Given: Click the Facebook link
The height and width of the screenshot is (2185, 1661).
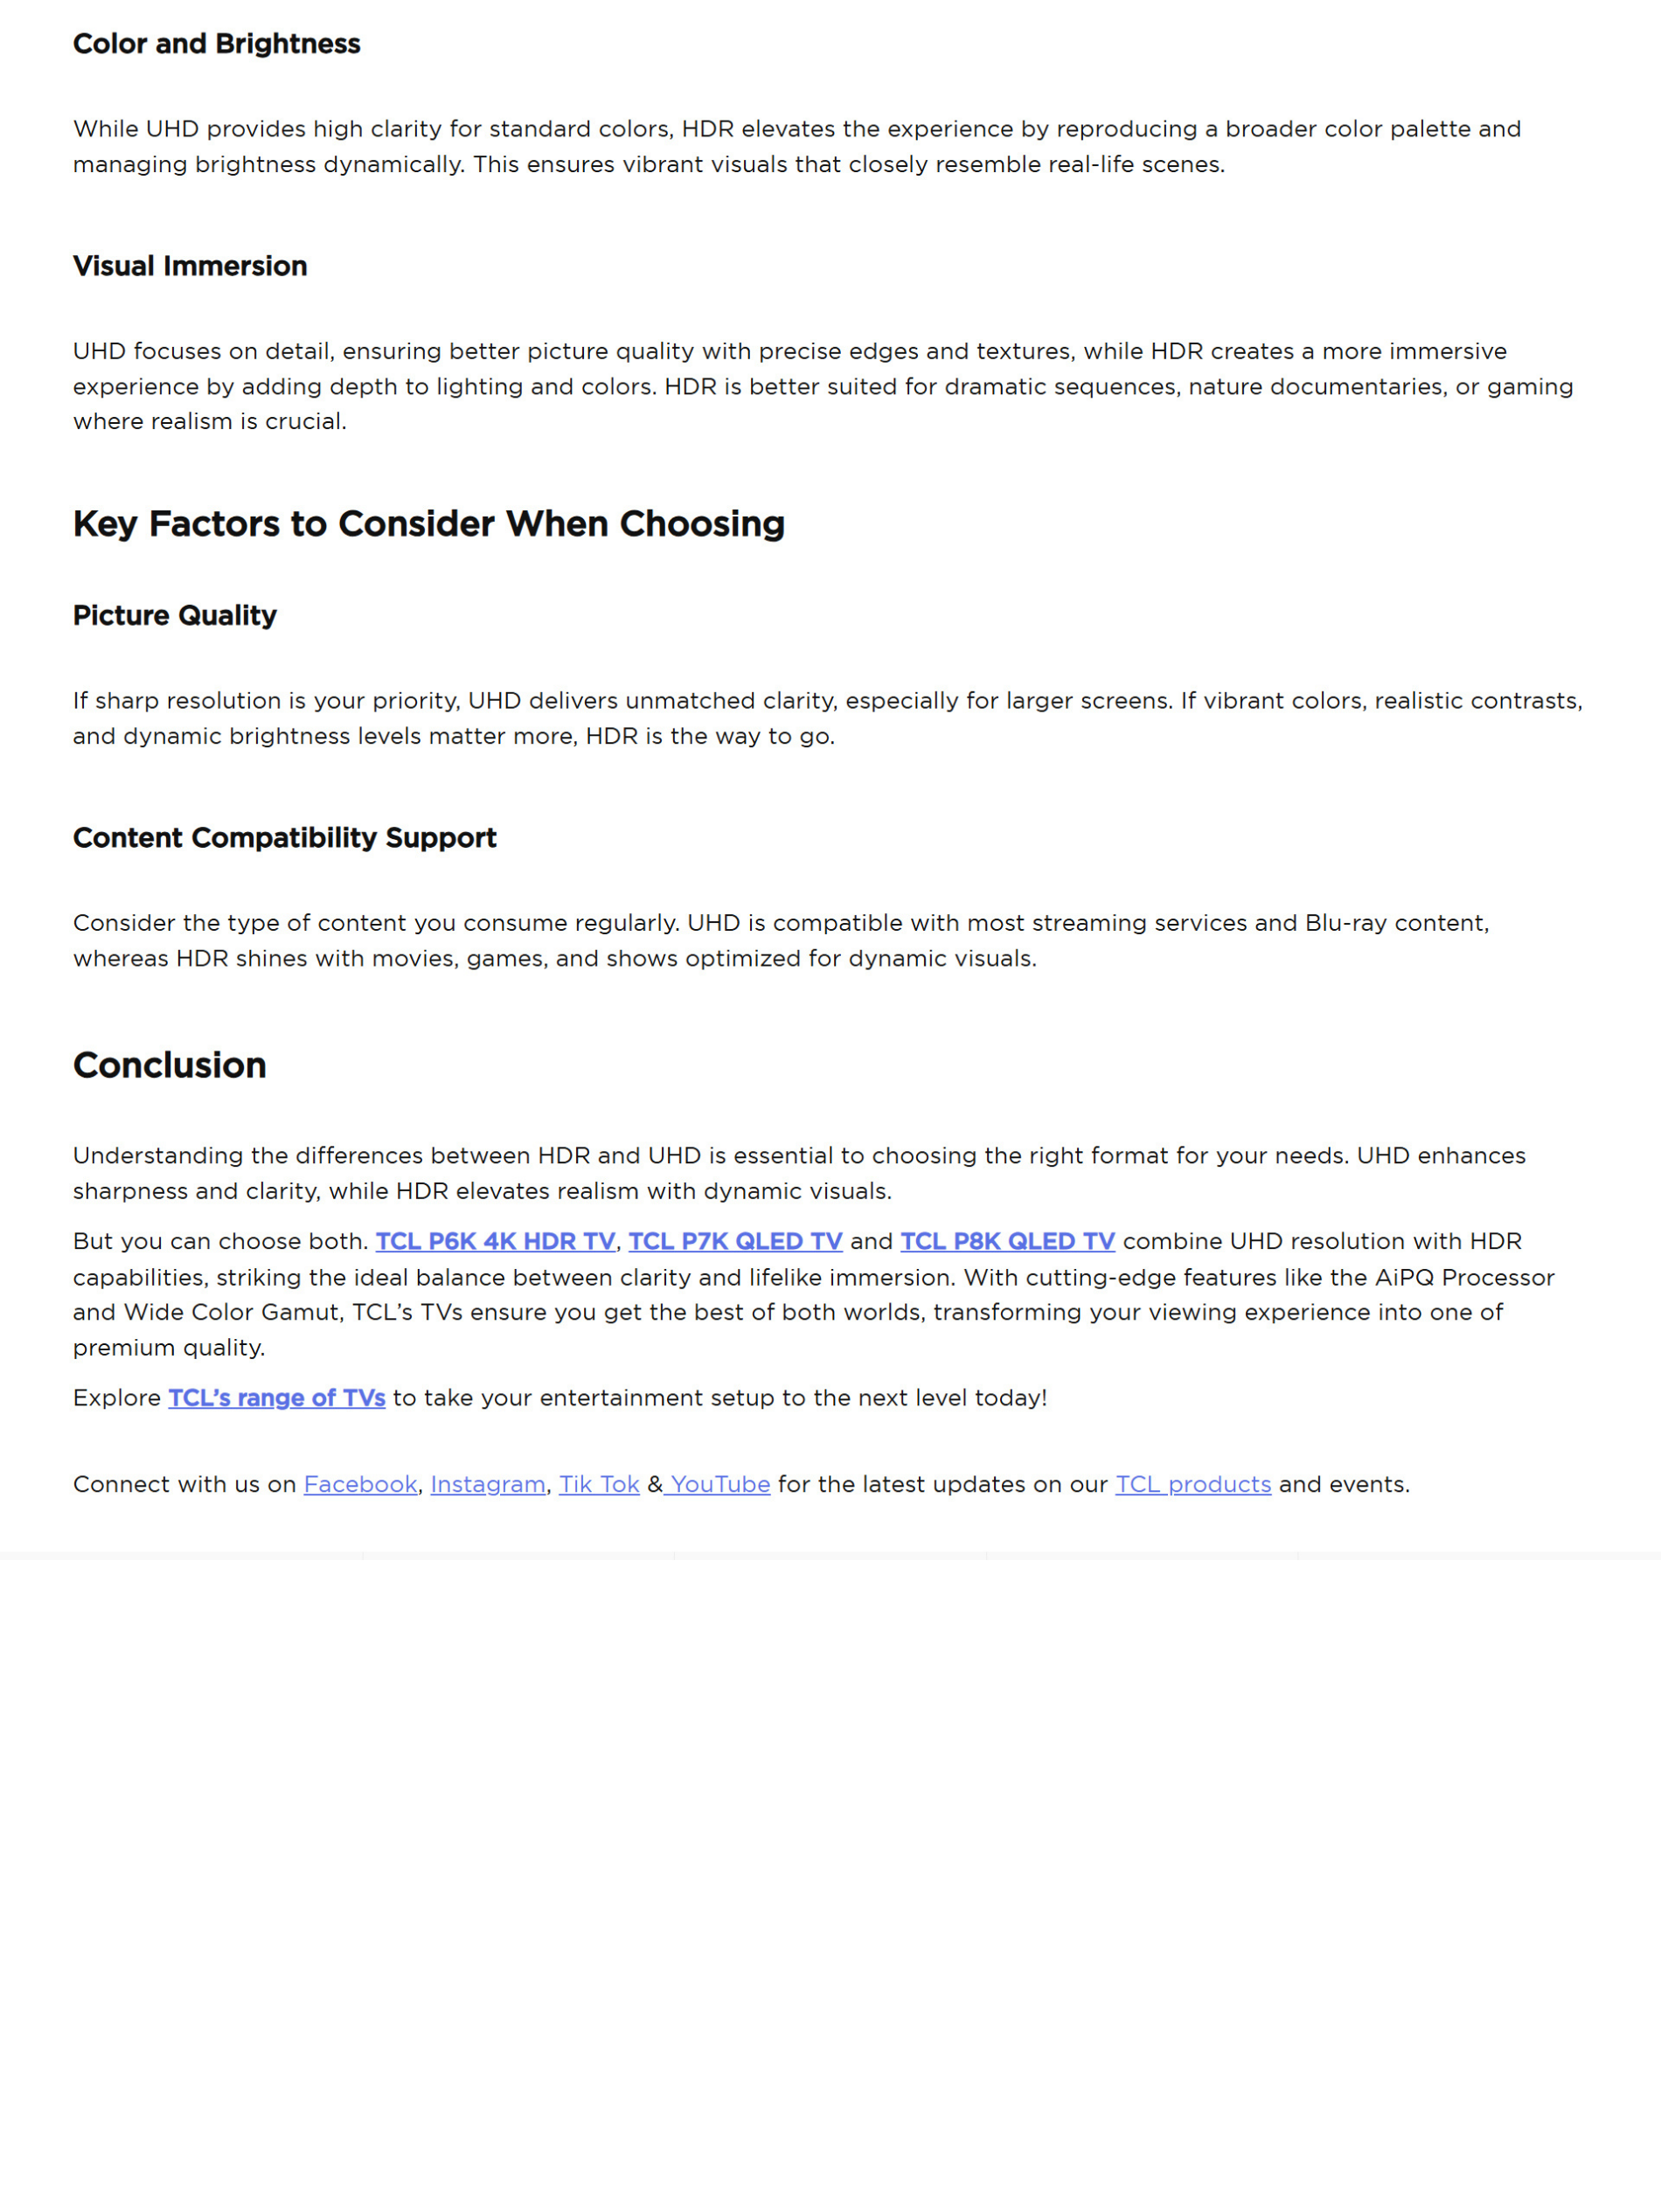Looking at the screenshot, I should coord(360,1484).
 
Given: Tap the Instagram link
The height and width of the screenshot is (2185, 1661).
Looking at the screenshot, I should coord(488,1484).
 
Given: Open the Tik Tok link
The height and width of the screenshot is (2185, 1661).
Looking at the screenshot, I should coord(599,1484).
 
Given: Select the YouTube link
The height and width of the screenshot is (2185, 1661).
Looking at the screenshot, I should coord(719,1484).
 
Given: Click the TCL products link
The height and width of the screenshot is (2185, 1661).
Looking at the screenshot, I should coord(1192,1484).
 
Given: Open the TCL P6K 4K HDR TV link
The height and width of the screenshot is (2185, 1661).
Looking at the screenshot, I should coord(494,1241).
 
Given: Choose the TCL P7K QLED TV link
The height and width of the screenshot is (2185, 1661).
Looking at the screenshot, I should coord(734,1241).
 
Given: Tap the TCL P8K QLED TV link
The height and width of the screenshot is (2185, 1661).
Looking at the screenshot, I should coord(1006,1241).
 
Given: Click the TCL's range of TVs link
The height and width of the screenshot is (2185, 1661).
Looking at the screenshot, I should coord(277,1398).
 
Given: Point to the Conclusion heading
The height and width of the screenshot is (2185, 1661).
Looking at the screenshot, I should coord(169,1065).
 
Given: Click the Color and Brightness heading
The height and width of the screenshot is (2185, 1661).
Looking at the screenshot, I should coord(217,44).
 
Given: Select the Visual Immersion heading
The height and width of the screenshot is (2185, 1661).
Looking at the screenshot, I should coord(190,266).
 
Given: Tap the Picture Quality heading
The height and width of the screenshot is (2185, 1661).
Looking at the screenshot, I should coord(175,614).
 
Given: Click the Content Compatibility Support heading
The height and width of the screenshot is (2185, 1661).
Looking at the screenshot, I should coord(285,837).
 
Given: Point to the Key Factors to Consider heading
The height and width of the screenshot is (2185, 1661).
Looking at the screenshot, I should coord(428,524).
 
